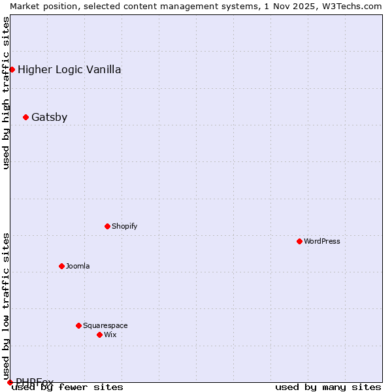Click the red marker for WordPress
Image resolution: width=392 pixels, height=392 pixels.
(299, 241)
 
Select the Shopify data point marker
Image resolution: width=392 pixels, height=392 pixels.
(107, 226)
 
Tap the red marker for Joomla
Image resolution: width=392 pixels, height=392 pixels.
(61, 266)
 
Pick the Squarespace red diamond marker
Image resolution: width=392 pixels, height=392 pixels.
(78, 325)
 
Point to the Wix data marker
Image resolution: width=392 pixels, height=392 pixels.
(99, 335)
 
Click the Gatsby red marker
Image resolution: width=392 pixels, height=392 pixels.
(25, 117)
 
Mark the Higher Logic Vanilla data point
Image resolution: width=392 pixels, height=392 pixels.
(12, 69)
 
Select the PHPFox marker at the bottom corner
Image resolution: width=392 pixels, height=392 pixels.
(10, 382)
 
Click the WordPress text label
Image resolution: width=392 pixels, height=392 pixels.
(322, 241)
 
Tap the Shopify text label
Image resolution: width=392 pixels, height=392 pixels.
(124, 226)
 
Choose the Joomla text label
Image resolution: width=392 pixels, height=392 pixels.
(78, 266)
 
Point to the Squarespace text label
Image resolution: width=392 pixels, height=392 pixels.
(105, 325)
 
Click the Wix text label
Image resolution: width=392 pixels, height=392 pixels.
(110, 335)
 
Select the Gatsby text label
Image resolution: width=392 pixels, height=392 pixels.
(49, 118)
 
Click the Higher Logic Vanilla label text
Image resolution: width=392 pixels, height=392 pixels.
(69, 70)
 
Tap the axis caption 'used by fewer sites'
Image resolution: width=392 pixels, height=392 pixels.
(68, 387)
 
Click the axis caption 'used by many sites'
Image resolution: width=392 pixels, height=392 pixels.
(328, 387)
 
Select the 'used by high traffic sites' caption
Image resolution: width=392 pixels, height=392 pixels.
(6, 93)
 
